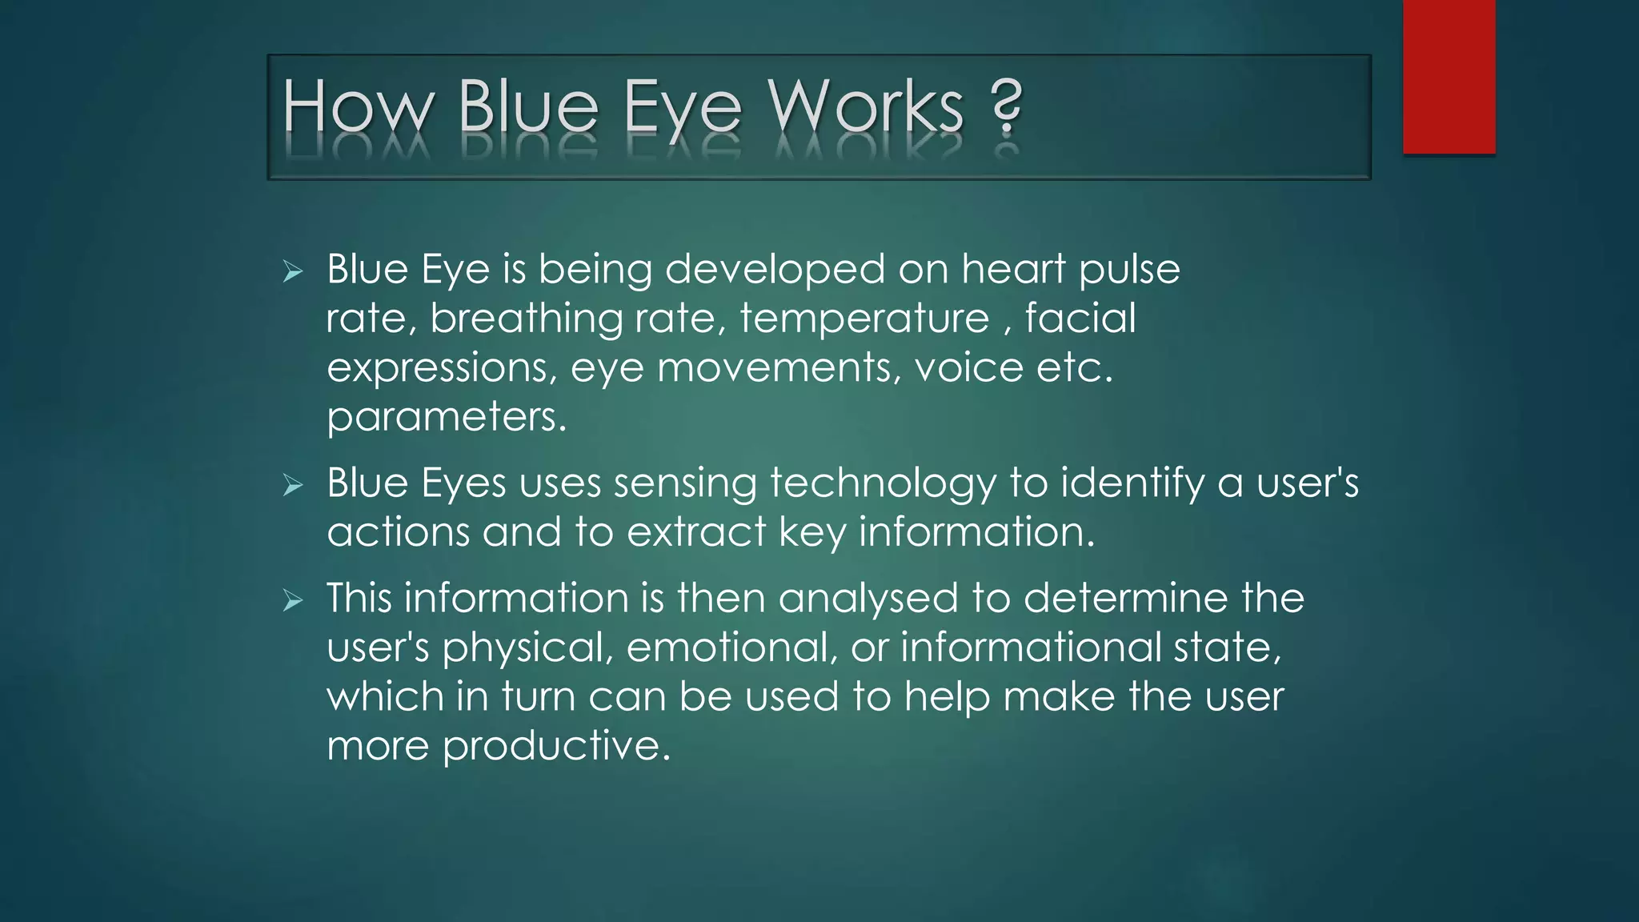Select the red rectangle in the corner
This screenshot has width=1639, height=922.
[x=1449, y=76]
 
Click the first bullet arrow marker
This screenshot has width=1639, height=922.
[x=293, y=272]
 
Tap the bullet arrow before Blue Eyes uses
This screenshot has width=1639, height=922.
[x=293, y=485]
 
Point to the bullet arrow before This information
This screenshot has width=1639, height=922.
[x=293, y=600]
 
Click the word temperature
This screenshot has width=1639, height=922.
[x=864, y=319]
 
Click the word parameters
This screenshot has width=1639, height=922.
[x=446, y=418]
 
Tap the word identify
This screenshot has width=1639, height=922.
[x=1132, y=484]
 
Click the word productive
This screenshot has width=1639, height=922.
[x=555, y=747]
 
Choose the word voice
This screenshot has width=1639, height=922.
[x=968, y=368]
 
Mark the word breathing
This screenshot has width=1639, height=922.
[x=526, y=319]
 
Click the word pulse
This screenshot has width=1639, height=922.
[x=1129, y=271]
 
